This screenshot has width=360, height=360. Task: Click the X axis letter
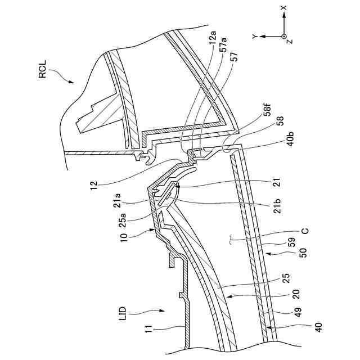coord(284,8)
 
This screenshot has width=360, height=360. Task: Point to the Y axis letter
coord(255,36)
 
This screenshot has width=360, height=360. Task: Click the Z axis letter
coord(290,41)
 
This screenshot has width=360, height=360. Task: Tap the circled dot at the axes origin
coord(284,36)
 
